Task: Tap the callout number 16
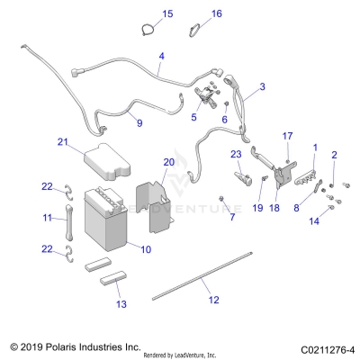(x=216, y=13)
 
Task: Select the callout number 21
(x=63, y=142)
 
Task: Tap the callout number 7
(x=231, y=217)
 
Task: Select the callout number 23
(x=236, y=154)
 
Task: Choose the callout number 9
(x=139, y=122)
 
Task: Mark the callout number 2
(x=334, y=155)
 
